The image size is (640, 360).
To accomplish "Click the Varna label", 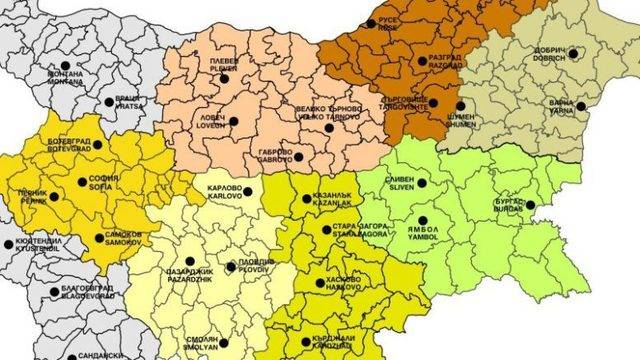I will [x=561, y=105].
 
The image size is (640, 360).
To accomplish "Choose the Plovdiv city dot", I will [x=232, y=265].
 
